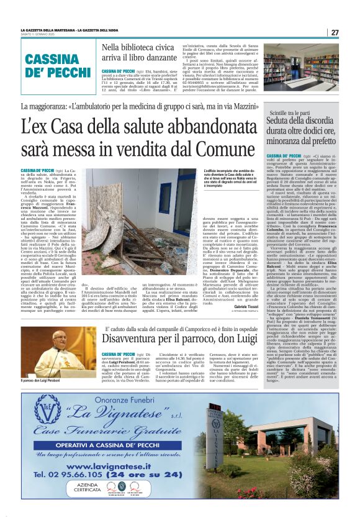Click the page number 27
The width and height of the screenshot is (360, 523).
335,32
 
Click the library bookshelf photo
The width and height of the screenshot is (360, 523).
301,65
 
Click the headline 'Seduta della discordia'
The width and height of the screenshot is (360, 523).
302,131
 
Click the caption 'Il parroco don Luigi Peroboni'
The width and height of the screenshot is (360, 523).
42,380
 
